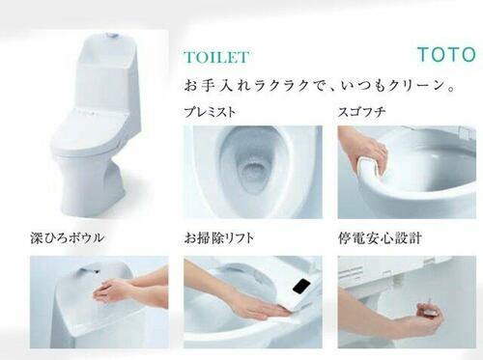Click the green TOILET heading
coord(216,57)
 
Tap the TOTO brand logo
coord(446,54)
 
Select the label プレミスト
coord(210,112)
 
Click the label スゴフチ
coord(361,112)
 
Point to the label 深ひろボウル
coord(67,237)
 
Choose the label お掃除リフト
coord(219,238)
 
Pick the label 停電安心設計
coord(380,238)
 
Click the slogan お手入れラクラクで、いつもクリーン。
coord(320,86)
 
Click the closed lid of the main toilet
coord(89,128)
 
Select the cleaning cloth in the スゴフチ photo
coord(370,167)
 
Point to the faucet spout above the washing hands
coord(89,269)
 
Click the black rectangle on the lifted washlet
coord(301,286)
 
